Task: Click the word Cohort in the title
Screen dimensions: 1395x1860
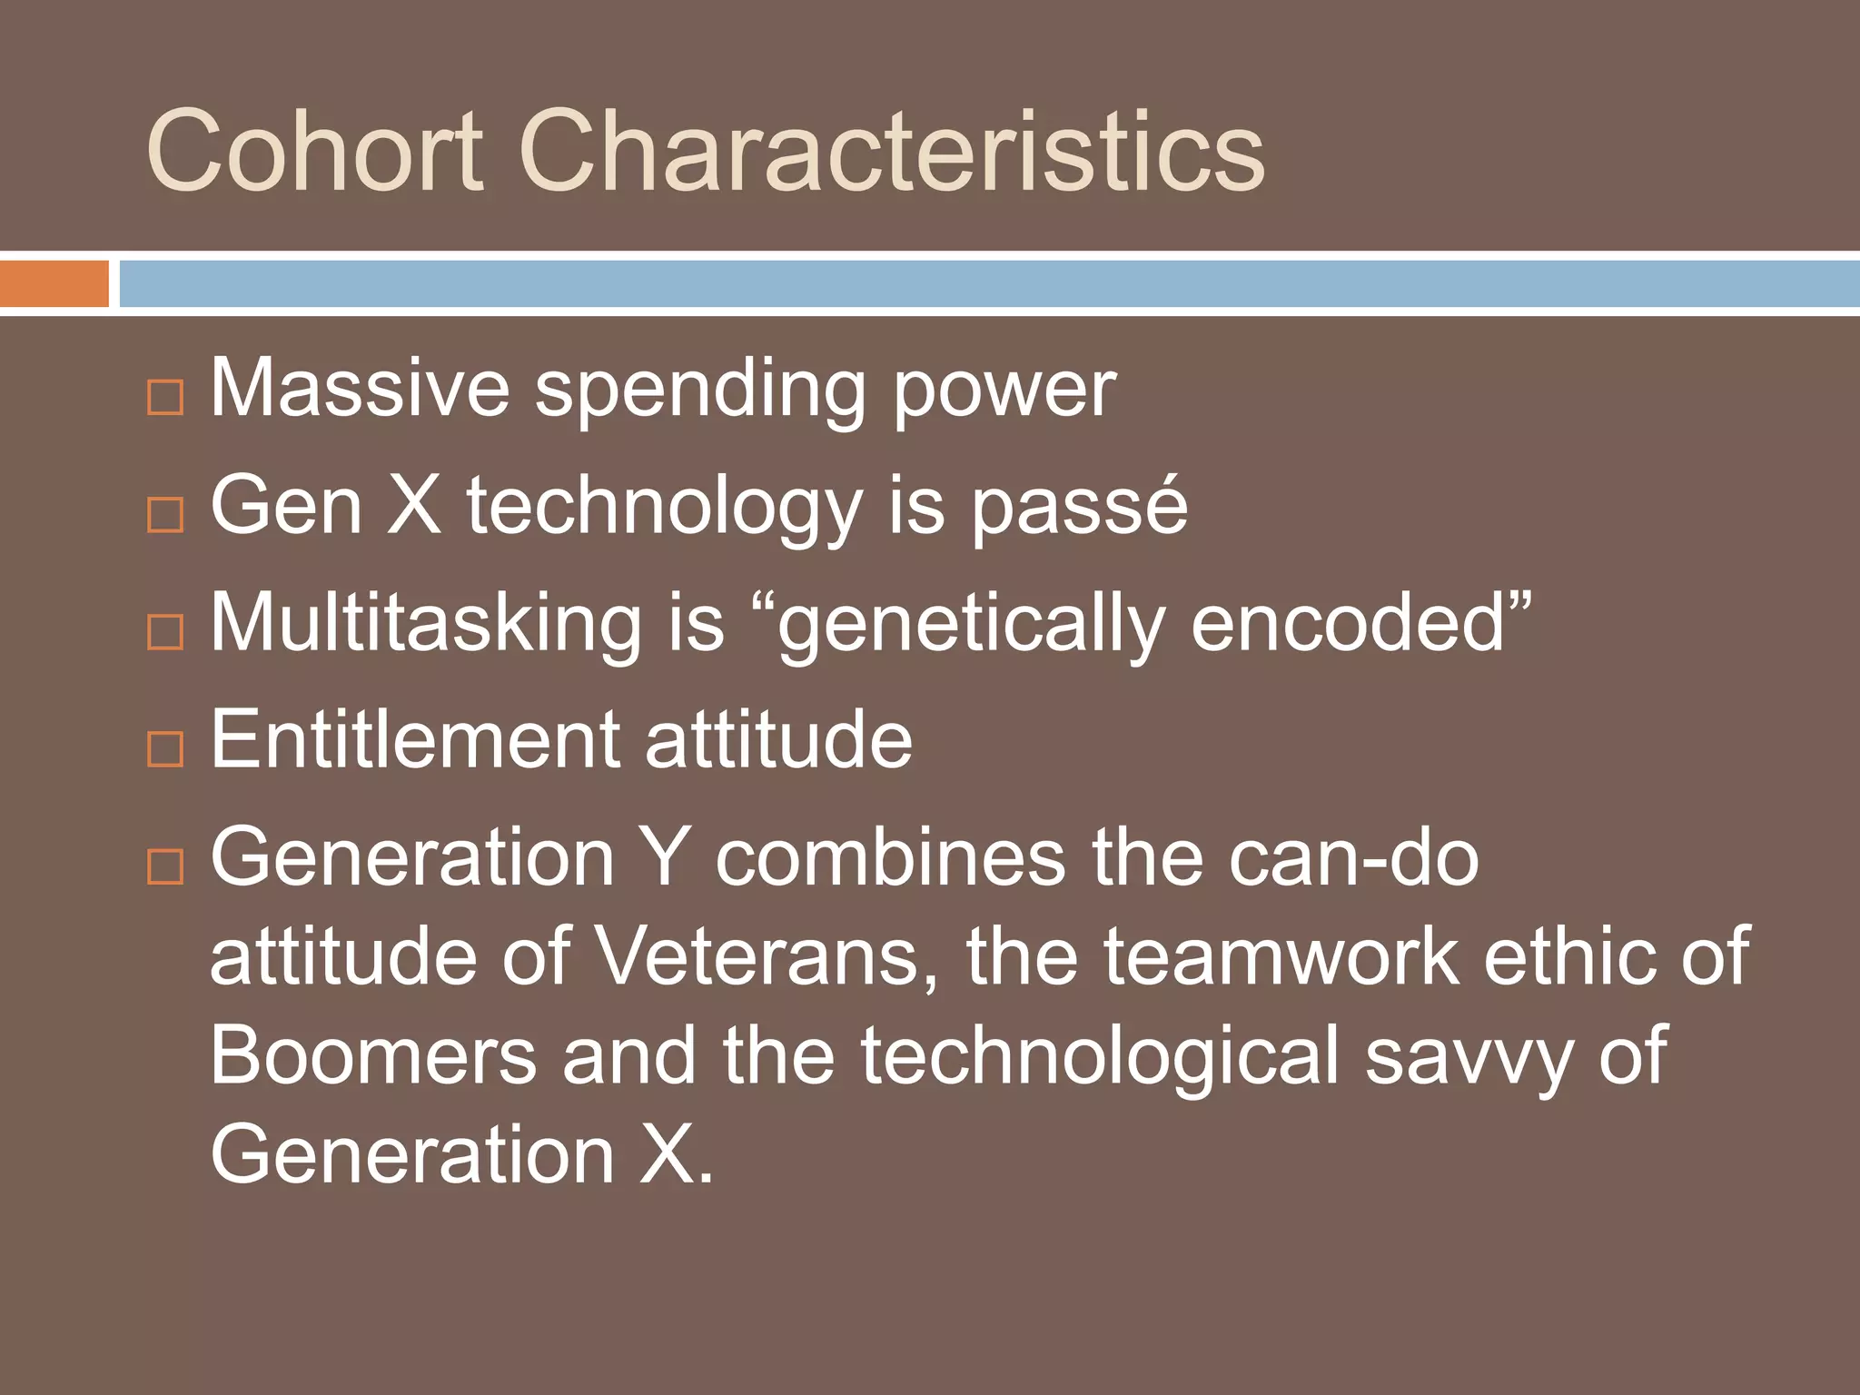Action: tap(313, 151)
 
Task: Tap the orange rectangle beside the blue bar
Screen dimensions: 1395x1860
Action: tap(54, 283)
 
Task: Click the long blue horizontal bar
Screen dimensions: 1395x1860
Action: tap(988, 283)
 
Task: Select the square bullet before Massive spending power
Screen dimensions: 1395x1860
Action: tap(165, 397)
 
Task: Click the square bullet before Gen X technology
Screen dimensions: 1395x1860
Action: tap(165, 514)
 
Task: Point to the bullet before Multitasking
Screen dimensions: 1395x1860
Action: tap(165, 631)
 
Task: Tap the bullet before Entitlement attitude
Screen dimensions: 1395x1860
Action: tap(165, 748)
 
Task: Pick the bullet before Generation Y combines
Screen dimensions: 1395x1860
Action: tap(165, 866)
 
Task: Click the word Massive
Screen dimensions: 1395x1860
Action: tap(360, 389)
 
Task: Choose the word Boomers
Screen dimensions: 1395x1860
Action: tap(373, 1055)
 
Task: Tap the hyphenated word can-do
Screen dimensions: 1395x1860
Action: tap(1353, 858)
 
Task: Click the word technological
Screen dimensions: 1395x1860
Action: tap(1100, 1055)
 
